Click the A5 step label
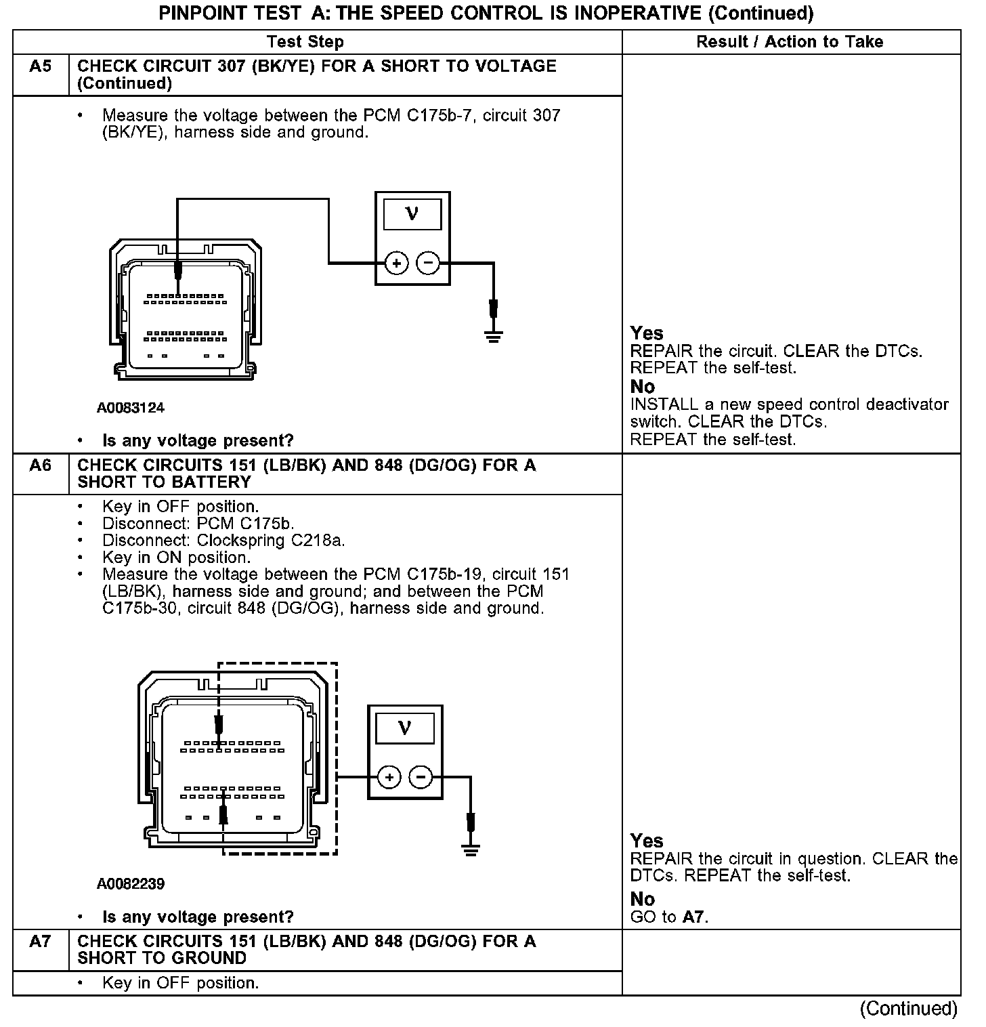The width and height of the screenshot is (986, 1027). (x=41, y=66)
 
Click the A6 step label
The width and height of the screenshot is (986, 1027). (x=41, y=465)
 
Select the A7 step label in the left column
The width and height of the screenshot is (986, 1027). (x=41, y=942)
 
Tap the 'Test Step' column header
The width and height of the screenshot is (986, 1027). (x=305, y=42)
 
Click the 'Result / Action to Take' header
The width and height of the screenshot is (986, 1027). (x=790, y=42)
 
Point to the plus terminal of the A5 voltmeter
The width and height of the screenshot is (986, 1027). (x=396, y=263)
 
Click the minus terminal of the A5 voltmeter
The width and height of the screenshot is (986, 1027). (x=427, y=263)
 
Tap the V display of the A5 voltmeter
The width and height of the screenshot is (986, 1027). (x=412, y=215)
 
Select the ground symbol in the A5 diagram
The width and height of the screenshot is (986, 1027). (x=494, y=335)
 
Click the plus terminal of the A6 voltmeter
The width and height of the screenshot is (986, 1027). (x=389, y=777)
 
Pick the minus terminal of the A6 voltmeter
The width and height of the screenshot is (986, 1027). (x=421, y=777)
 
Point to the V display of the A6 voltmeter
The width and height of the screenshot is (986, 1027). (x=404, y=728)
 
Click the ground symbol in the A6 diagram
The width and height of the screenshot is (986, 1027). (x=471, y=849)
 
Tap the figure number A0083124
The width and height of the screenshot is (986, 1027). (x=131, y=408)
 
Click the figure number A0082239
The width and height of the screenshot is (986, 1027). (x=131, y=884)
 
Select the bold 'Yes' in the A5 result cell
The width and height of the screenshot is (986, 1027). (x=647, y=333)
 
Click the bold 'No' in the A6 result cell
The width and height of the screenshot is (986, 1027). (x=643, y=899)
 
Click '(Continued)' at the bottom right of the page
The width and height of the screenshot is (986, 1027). (x=909, y=1009)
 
